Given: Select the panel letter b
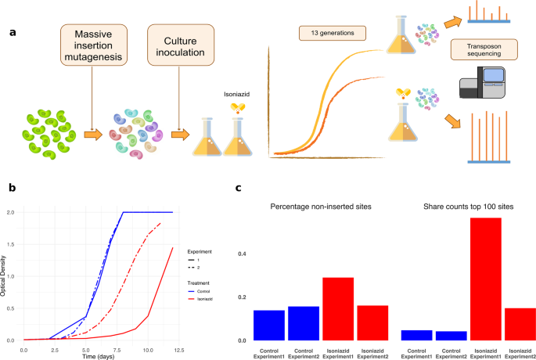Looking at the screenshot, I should tap(10, 188).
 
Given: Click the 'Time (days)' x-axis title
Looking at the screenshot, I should tap(99, 355).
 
